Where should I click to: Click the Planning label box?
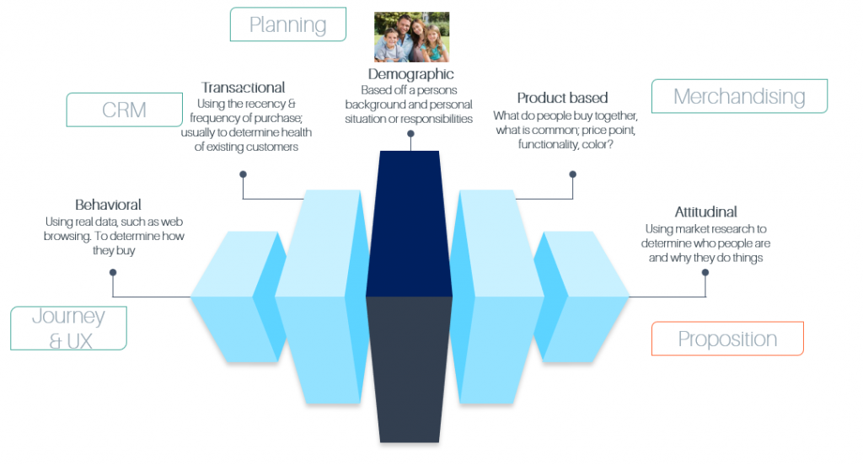[288, 24]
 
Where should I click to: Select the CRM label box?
[125, 110]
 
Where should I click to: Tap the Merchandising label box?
[739, 96]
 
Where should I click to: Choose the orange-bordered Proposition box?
[727, 339]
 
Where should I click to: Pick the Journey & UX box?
[68, 328]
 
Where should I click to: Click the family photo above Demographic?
[411, 37]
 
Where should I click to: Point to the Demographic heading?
[411, 74]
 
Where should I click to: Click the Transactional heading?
[244, 88]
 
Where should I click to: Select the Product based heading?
[562, 98]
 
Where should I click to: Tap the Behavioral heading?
[108, 205]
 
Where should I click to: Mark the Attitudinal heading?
[705, 212]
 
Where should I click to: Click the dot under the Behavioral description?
[113, 272]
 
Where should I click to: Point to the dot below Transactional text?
[243, 174]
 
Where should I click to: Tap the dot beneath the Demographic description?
[410, 134]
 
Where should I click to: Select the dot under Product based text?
[572, 174]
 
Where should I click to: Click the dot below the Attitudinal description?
[705, 272]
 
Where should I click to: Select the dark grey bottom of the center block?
[410, 369]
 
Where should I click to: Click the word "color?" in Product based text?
[598, 144]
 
